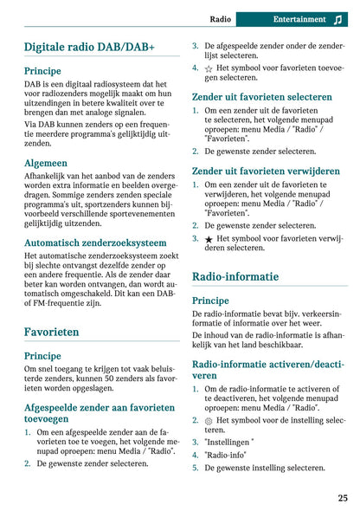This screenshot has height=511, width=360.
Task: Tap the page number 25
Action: coord(343,497)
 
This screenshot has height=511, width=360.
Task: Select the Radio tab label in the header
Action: coord(221,18)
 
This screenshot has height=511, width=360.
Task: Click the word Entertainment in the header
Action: coord(299,18)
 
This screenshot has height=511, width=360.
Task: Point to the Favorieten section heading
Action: coord(52,332)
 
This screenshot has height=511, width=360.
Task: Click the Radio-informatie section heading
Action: coord(235,277)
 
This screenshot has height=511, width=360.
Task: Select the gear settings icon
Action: coord(209,420)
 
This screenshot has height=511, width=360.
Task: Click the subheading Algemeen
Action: coord(47,162)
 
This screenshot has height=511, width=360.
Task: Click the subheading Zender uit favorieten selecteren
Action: coord(261,97)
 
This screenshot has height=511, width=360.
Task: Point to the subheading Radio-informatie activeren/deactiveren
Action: coord(268,370)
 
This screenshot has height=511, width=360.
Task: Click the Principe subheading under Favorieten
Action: coord(43,355)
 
